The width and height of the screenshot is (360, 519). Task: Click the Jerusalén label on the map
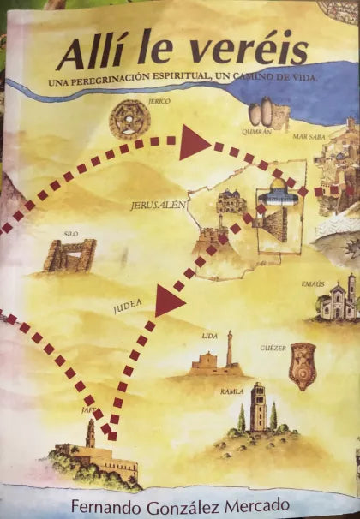[155, 206]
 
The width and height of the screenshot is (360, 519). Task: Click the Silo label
[70, 233]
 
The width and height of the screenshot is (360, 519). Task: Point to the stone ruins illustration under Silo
[70, 255]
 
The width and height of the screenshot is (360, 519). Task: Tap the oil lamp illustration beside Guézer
[303, 364]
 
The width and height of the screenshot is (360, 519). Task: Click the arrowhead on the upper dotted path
[193, 145]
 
